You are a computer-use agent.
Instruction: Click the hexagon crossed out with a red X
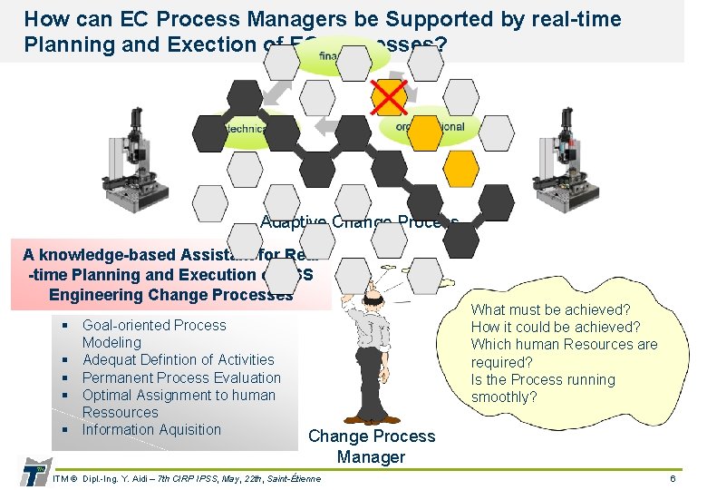(390, 96)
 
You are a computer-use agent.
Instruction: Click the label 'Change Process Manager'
(371, 446)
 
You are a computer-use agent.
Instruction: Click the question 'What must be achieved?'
(550, 310)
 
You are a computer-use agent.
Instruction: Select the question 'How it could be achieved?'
(556, 328)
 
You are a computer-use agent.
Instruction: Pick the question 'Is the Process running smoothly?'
(542, 388)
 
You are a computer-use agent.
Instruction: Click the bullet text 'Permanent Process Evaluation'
(181, 377)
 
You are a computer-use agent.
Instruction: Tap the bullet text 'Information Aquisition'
(151, 429)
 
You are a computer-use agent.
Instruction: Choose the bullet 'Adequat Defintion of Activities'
(178, 360)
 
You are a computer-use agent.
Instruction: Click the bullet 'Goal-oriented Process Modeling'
(154, 333)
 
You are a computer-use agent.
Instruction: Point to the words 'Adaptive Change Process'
(359, 222)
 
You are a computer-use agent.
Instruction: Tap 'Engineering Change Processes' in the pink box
(170, 294)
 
